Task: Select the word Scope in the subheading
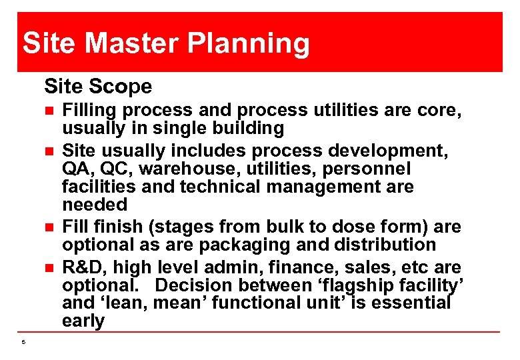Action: [x=123, y=86]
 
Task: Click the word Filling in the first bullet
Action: [x=89, y=110]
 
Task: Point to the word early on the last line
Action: [x=83, y=321]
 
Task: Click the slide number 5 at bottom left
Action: [x=23, y=343]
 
